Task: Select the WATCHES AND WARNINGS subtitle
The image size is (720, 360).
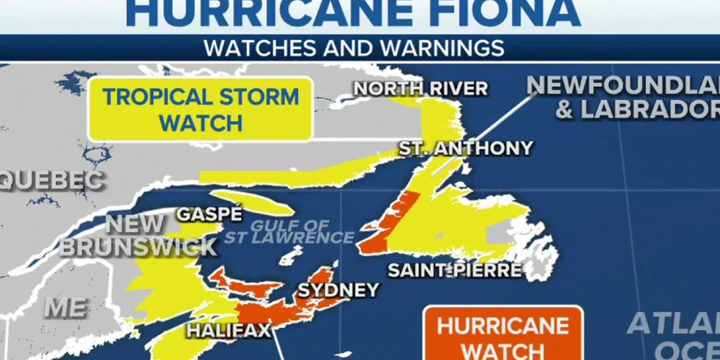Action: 353,48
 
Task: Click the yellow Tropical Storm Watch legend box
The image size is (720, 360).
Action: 200,109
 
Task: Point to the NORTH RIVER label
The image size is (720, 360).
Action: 420,89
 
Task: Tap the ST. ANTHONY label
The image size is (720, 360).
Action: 465,148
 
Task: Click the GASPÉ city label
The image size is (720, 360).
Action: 209,214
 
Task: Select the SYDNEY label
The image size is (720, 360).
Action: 338,290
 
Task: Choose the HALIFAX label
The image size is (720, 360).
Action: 228,330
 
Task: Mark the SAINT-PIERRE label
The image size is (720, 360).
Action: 454,270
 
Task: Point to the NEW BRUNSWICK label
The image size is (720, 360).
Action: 138,236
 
